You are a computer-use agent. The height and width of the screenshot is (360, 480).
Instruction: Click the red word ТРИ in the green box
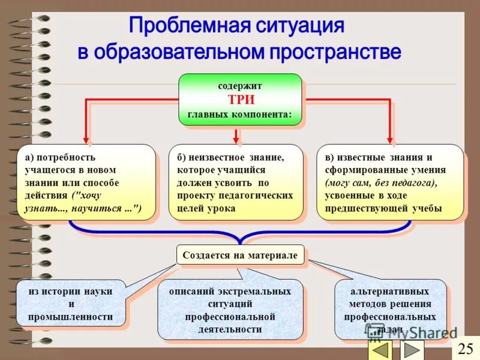[240, 100]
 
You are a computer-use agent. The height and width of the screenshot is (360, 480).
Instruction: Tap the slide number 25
[466, 348]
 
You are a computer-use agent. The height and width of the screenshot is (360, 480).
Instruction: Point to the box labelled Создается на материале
[240, 255]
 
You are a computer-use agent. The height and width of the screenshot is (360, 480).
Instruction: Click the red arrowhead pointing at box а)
[89, 141]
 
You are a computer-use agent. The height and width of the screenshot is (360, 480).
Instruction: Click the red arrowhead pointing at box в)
[391, 141]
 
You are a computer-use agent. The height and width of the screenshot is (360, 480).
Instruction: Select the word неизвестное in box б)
[218, 157]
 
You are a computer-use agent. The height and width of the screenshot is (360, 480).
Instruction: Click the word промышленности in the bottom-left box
[70, 317]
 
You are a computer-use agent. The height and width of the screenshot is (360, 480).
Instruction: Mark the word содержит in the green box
[240, 86]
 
